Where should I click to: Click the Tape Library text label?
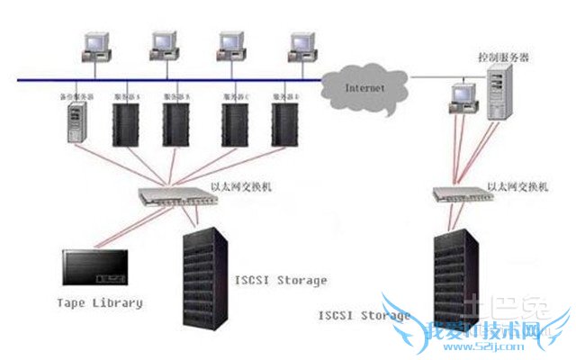(99, 303)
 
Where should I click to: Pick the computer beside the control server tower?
(461, 96)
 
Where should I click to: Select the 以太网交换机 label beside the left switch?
(241, 186)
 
